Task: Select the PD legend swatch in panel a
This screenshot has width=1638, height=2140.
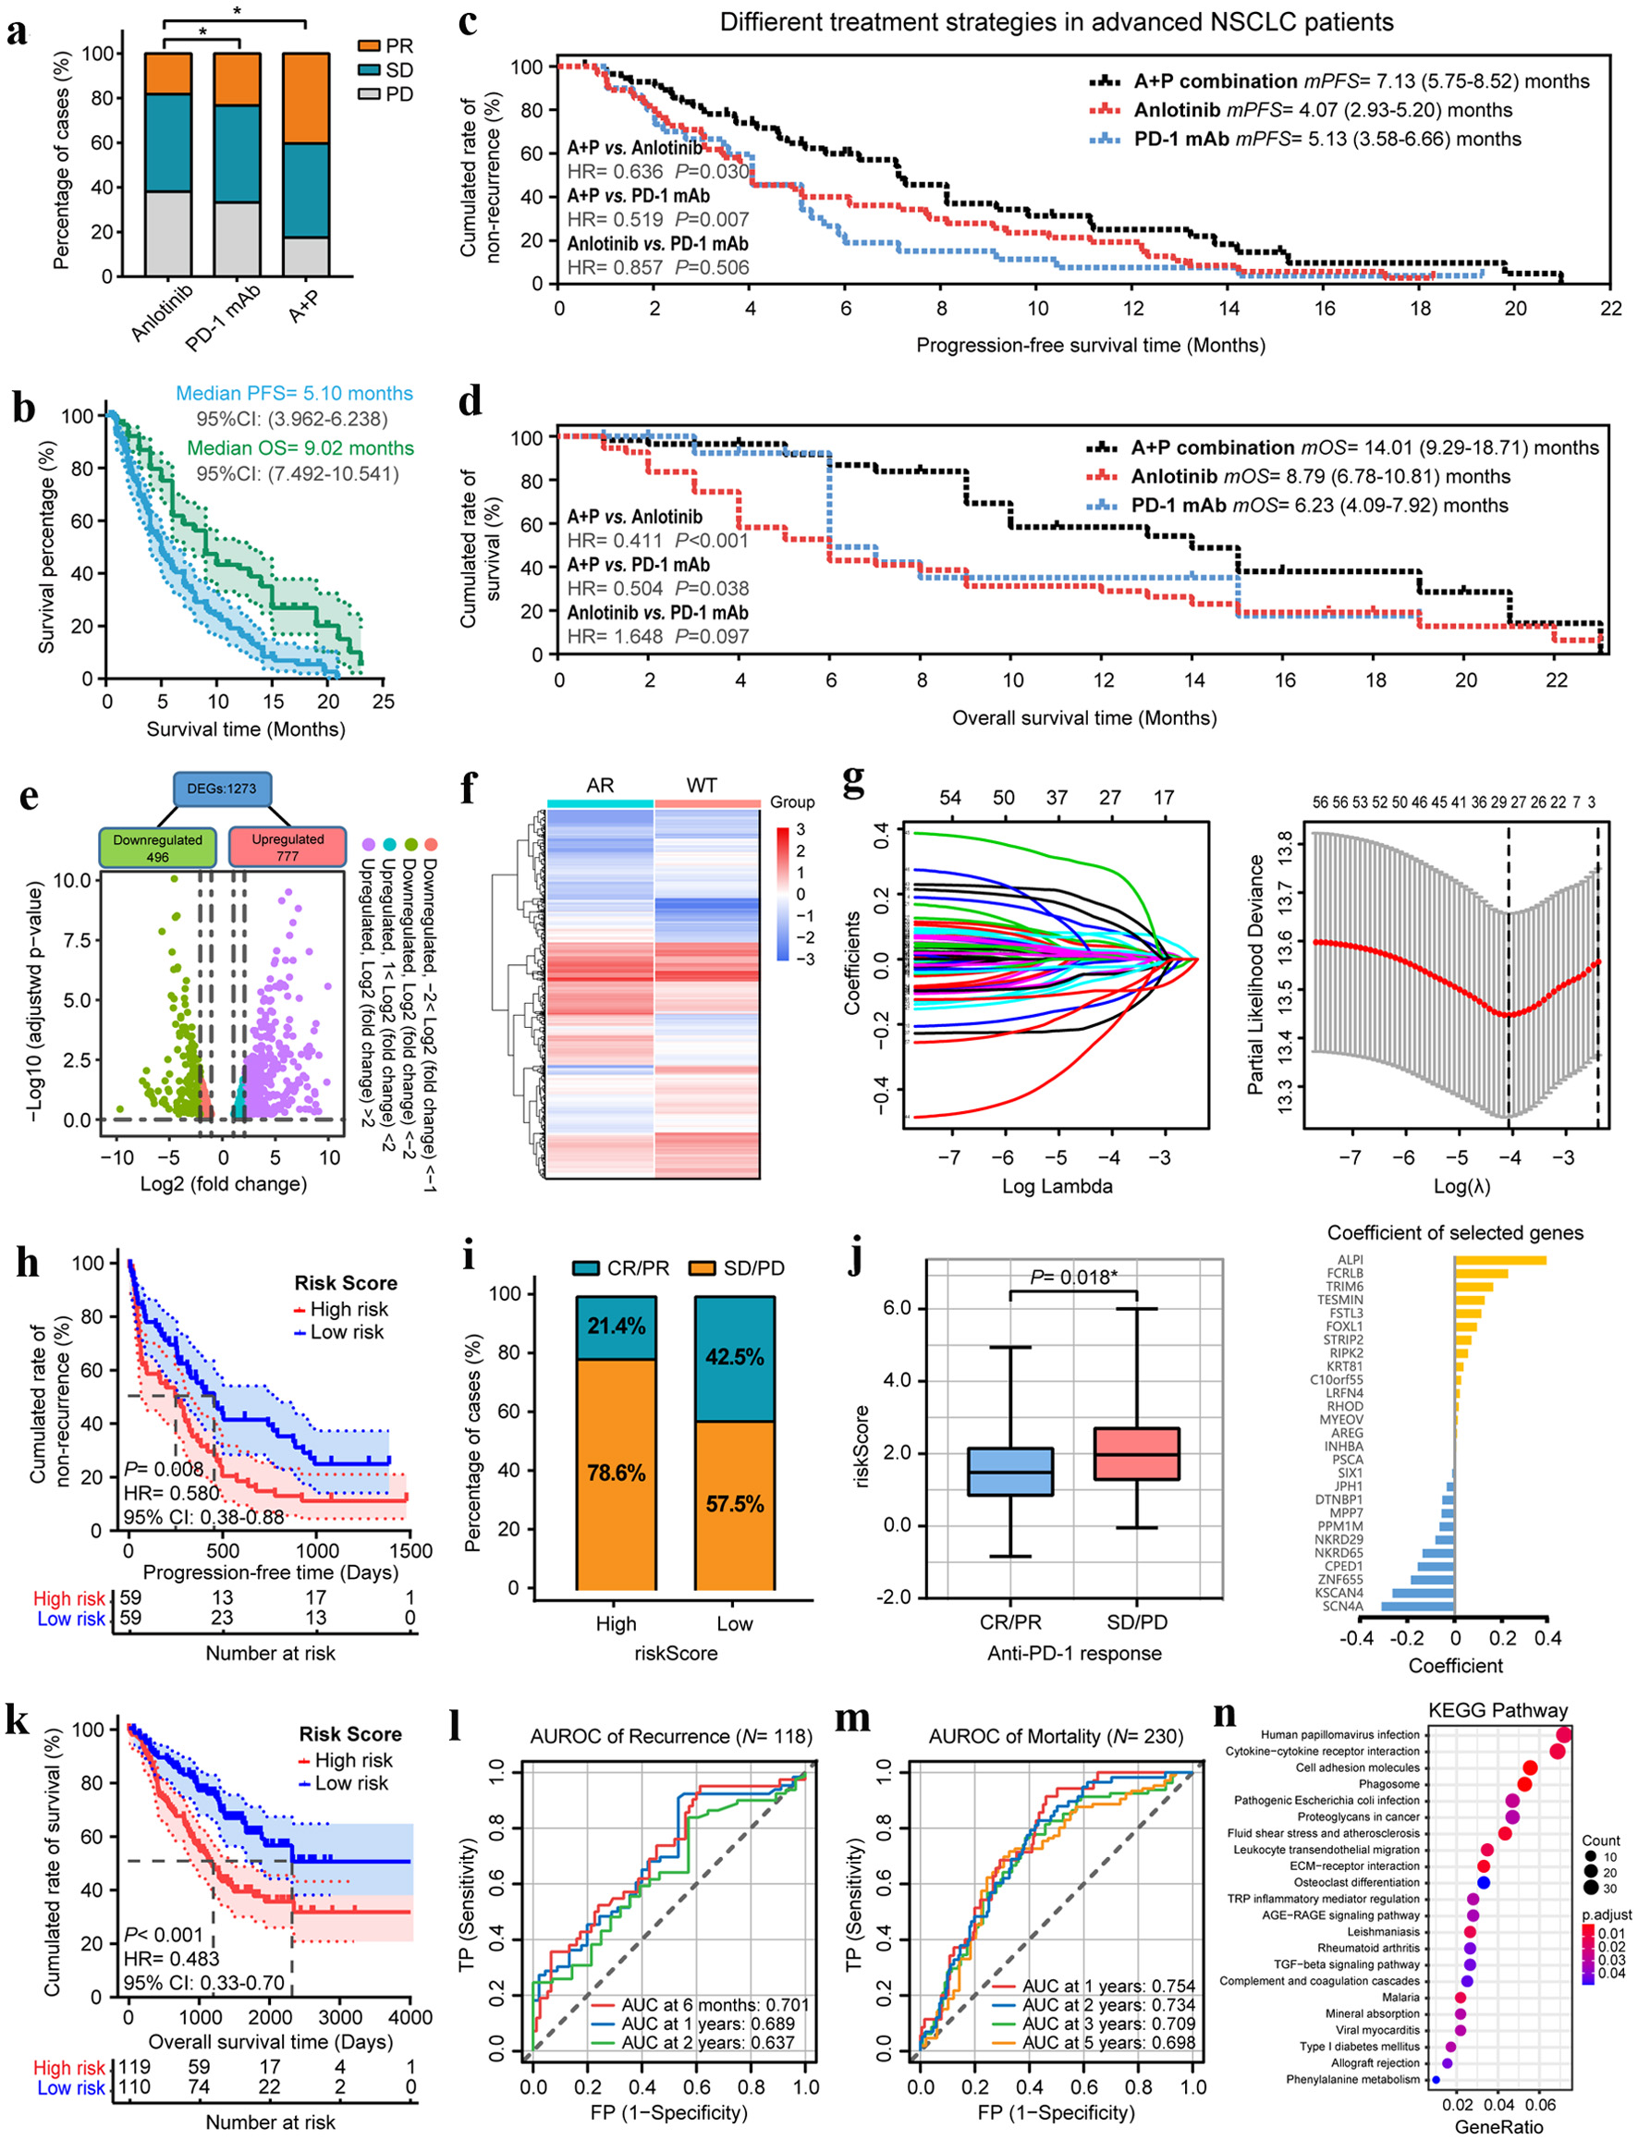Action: (370, 94)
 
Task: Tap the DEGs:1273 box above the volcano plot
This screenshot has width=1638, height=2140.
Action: (222, 789)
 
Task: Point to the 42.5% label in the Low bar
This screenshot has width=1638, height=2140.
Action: (734, 1357)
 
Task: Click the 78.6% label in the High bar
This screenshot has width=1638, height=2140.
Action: (617, 1473)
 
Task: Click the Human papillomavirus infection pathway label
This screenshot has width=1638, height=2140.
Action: (1339, 1734)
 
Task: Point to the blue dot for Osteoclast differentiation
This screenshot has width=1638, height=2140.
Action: (1483, 1882)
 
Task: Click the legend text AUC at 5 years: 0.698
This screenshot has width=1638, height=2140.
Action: (1107, 2043)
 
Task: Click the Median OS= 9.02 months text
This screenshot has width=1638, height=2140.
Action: (300, 448)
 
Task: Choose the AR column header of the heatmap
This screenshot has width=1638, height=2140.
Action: (600, 786)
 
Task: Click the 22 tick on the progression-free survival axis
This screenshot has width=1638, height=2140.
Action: (1610, 308)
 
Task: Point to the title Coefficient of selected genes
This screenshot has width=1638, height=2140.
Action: (1455, 1232)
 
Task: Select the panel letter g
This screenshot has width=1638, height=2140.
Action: (853, 783)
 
